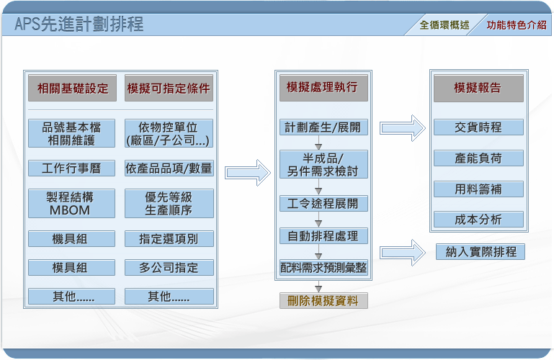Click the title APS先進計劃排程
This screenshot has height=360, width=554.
click(x=79, y=24)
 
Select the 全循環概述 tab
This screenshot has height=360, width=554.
click(x=444, y=25)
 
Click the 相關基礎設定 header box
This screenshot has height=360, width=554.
click(x=73, y=89)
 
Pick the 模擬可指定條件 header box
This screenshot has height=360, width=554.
click(x=169, y=89)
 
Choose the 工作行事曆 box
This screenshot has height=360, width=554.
click(x=71, y=168)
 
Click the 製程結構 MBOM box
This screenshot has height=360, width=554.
click(x=71, y=204)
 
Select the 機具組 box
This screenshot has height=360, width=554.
click(x=71, y=239)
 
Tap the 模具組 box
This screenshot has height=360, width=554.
click(x=71, y=268)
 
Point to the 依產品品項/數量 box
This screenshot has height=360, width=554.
click(x=169, y=168)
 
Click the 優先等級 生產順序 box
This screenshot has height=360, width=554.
click(x=169, y=204)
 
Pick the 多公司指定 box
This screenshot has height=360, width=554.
click(x=169, y=268)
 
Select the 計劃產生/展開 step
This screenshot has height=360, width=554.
click(x=323, y=127)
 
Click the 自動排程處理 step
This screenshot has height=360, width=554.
click(x=323, y=236)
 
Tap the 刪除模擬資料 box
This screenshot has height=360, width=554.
click(x=323, y=301)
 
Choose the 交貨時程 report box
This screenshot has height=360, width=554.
click(x=478, y=127)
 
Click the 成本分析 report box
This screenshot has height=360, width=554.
click(x=478, y=220)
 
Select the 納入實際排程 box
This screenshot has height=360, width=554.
click(x=480, y=252)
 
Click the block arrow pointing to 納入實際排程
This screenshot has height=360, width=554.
click(x=403, y=253)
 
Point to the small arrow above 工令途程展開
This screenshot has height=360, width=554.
click(x=318, y=186)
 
